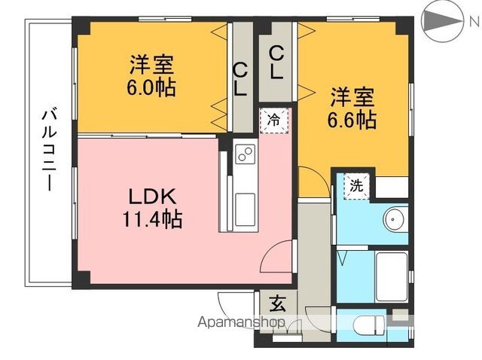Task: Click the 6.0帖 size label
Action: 151,87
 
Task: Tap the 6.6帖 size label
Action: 352,120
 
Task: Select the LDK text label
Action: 152,197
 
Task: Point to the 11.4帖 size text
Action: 152,218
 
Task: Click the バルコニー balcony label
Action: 49,151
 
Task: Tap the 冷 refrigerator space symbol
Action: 273,121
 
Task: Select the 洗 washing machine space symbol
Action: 356,186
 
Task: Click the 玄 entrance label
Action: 278,304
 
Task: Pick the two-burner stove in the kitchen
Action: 245,154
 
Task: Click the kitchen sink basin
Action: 245,209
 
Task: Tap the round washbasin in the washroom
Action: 395,219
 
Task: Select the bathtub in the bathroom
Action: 392,277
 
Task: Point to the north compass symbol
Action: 442,21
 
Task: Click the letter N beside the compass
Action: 474,21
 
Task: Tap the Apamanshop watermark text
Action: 241,322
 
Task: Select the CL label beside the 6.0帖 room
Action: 239,80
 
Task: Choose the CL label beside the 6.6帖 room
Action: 276,63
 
